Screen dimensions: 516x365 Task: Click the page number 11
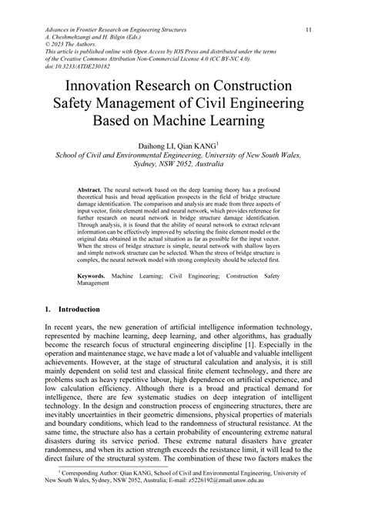pos(308,31)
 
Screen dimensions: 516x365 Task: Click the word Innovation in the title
pos(104,85)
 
